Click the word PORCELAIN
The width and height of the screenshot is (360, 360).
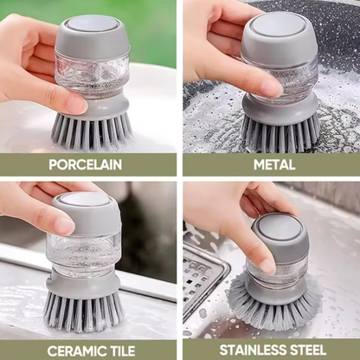(86, 164)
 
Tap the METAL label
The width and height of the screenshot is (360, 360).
(274, 164)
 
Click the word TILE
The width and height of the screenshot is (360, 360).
(121, 351)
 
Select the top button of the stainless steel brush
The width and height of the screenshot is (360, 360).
(278, 227)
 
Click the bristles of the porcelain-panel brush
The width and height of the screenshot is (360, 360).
(91, 131)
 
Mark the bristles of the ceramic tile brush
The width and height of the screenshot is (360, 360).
(84, 311)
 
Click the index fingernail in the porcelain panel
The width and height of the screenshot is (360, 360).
(77, 105)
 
